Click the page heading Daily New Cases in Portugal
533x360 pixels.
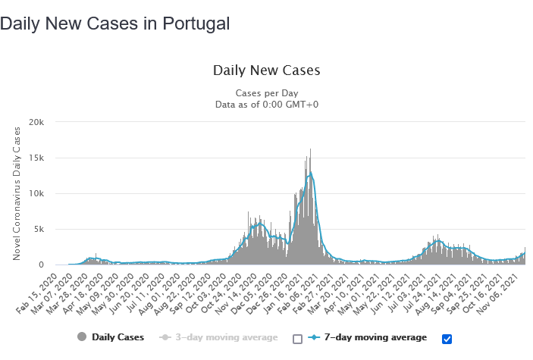[x=114, y=23]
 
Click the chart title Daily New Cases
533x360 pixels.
[x=266, y=70]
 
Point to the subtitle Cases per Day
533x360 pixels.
[x=266, y=92]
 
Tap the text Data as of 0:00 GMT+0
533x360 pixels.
[x=266, y=105]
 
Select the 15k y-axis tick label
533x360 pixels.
[x=38, y=158]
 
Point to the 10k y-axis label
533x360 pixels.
[x=38, y=193]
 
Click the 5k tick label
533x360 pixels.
[x=40, y=229]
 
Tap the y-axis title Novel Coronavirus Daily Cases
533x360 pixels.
[x=17, y=193]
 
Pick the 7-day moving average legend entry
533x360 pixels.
[x=375, y=337]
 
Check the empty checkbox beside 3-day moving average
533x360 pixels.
[x=297, y=338]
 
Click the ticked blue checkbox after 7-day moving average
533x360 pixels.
[x=447, y=338]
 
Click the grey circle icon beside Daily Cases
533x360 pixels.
[x=81, y=337]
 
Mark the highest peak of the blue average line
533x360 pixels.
[x=311, y=173]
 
